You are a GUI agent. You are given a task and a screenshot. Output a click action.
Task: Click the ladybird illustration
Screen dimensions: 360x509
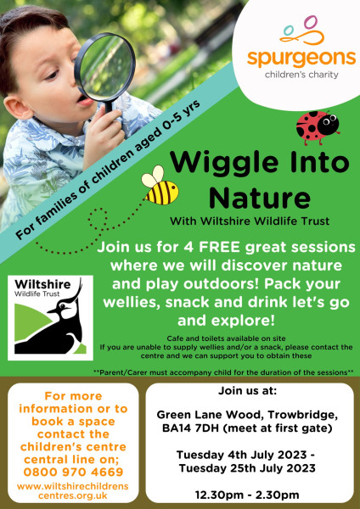click(318, 127)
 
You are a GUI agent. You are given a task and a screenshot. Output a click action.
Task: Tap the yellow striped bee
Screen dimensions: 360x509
click(160, 186)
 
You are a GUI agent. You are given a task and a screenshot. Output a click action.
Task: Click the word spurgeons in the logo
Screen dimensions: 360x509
click(301, 58)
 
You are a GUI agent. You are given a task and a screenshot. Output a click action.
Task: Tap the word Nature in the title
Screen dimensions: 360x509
click(260, 198)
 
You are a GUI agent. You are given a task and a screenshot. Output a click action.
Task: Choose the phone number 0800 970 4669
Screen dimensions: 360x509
click(73, 472)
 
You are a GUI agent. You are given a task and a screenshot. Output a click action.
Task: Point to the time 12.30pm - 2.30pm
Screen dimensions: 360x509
click(247, 495)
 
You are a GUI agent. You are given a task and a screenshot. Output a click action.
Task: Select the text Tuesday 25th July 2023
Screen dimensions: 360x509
click(247, 468)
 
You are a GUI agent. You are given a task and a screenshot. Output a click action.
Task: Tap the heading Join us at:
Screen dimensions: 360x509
click(247, 390)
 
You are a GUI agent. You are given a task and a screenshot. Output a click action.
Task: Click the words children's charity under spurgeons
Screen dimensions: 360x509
click(301, 75)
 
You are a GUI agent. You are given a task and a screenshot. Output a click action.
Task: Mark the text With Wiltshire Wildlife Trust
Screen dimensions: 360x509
click(250, 221)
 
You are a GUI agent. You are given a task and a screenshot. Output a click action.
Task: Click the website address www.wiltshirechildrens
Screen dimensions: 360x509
click(73, 487)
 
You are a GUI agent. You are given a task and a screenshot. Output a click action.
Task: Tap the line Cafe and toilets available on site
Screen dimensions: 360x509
click(226, 338)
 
